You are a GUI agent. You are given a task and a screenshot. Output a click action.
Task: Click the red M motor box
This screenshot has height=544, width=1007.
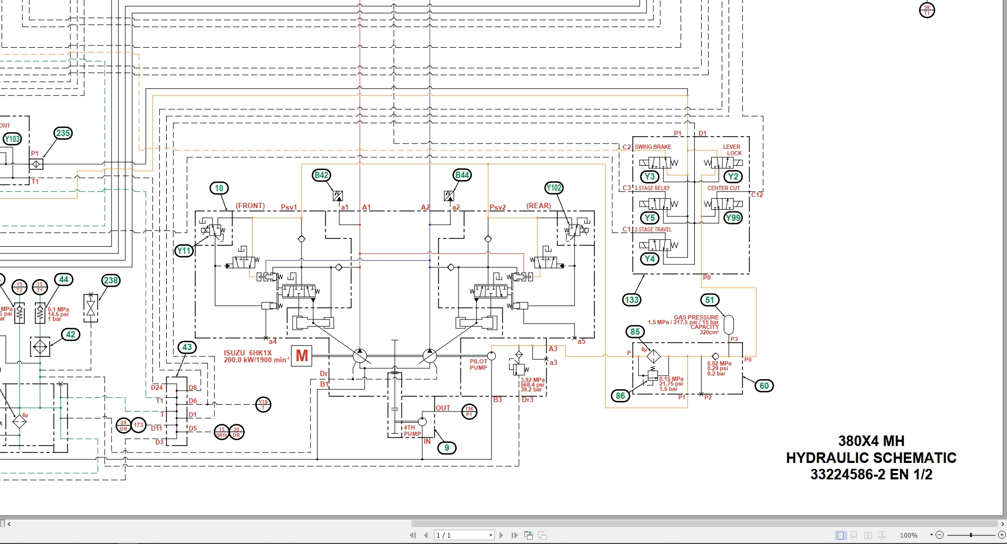(302, 355)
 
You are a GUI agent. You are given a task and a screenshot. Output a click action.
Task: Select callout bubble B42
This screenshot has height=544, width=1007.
(322, 175)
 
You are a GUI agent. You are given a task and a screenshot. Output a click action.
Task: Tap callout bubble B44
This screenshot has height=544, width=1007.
(462, 175)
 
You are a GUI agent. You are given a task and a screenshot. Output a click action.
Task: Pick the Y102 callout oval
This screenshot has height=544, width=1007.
(554, 188)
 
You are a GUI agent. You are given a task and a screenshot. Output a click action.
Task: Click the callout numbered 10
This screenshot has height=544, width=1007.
(219, 188)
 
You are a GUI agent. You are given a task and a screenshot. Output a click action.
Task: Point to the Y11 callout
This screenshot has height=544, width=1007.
(184, 251)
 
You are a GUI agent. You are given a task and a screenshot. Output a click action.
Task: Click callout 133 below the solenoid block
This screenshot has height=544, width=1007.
(632, 300)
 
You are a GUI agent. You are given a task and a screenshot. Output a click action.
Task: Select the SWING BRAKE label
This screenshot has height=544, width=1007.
(653, 147)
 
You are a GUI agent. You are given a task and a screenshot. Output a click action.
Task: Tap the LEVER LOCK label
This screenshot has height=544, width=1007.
(732, 150)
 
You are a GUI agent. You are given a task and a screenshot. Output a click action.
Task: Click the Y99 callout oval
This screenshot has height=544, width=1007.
(733, 218)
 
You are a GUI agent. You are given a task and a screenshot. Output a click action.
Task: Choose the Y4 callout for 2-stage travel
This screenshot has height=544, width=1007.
(650, 259)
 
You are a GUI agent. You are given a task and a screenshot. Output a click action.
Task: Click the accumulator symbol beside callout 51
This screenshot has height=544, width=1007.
(729, 325)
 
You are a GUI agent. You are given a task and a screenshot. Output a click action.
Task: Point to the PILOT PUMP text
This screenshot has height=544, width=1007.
(478, 364)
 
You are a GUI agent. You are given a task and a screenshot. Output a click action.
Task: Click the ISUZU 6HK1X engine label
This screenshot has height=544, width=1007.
(248, 353)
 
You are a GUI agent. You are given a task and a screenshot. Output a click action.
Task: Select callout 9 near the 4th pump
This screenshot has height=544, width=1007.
(447, 448)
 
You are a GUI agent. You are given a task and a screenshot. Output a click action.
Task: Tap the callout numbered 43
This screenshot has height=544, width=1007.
(187, 347)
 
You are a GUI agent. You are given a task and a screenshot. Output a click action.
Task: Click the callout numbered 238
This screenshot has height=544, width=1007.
(111, 281)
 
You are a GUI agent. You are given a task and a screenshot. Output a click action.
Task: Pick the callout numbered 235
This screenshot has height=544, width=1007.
(63, 133)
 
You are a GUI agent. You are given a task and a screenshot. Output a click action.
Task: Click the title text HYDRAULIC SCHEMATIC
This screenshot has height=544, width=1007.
(871, 458)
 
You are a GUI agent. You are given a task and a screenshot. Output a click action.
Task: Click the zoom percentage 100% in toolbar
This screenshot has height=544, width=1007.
(909, 536)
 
